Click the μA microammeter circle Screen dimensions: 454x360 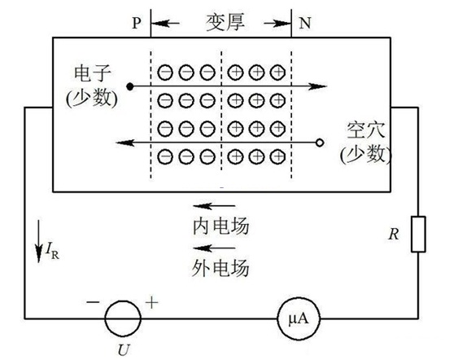click(299, 297)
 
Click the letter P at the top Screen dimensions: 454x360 click(137, 23)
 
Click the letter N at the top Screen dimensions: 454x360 click(305, 23)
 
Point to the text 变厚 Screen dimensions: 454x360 click(225, 22)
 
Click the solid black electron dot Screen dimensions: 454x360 click(130, 86)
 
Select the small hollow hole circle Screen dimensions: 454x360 click(320, 143)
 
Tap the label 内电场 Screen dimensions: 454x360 click(220, 226)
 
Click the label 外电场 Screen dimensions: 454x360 click(220, 267)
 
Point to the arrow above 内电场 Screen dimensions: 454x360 click(214, 206)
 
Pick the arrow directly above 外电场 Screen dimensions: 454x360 click(214, 248)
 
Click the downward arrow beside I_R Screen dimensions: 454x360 click(38, 241)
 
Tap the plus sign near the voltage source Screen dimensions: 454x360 click(151, 303)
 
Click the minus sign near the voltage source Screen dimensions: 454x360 click(93, 302)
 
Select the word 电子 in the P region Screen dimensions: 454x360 click(93, 73)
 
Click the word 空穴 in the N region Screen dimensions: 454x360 click(366, 130)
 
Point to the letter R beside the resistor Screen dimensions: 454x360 click(394, 235)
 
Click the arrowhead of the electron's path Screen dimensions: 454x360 click(317, 86)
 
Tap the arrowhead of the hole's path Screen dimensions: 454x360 click(124, 143)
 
